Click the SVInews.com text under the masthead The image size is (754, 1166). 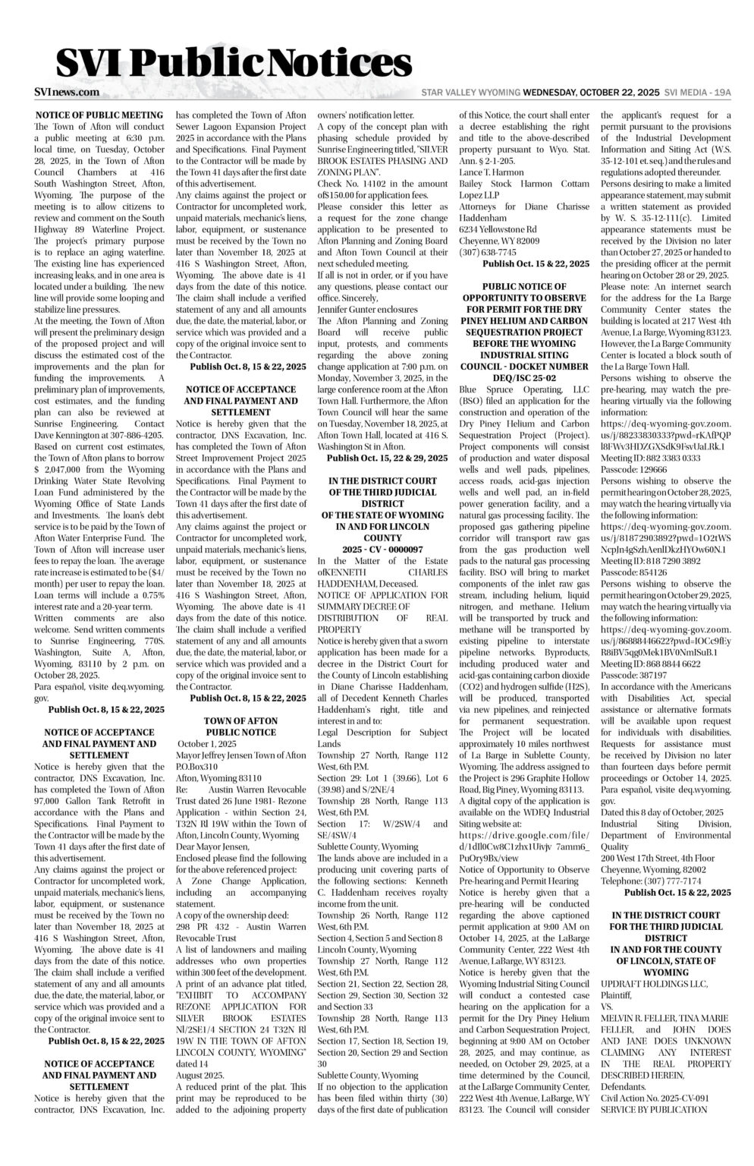coord(67,92)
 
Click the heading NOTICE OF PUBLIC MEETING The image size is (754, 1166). coord(99,115)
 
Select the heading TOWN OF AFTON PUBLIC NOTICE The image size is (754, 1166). coord(241,726)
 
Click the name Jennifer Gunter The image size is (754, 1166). coord(352,310)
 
